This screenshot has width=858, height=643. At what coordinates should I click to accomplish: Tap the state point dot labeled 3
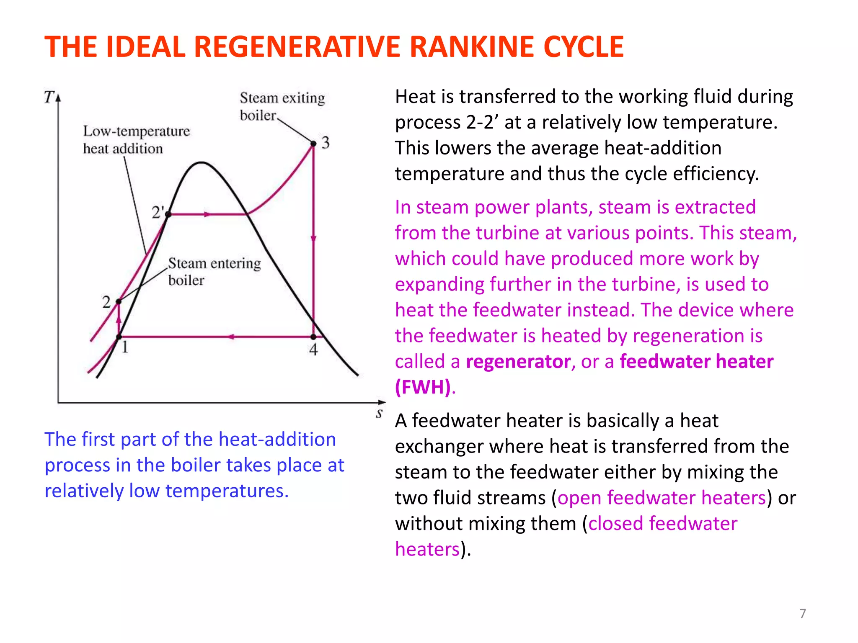[x=313, y=144]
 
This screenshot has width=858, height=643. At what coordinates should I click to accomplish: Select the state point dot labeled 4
[x=313, y=337]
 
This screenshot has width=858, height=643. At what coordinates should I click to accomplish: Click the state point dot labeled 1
[x=119, y=337]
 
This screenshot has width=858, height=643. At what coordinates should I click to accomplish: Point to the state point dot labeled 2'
[x=168, y=214]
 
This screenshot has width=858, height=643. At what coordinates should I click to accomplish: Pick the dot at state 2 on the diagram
[x=119, y=301]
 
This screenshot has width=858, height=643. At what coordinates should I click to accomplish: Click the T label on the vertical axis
[x=49, y=97]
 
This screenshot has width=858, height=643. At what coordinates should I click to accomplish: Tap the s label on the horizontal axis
[x=379, y=414]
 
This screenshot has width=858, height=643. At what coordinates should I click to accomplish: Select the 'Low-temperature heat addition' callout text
[x=136, y=140]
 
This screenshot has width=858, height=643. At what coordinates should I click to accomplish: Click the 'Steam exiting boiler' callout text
[x=282, y=106]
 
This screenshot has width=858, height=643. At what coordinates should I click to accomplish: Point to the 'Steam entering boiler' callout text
[x=214, y=271]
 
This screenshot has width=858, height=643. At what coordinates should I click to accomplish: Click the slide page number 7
[x=802, y=614]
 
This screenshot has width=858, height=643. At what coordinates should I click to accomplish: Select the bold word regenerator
[x=518, y=362]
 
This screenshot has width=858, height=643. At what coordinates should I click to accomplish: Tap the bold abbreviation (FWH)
[x=423, y=387]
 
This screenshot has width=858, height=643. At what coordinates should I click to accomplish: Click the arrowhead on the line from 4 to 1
[x=231, y=337]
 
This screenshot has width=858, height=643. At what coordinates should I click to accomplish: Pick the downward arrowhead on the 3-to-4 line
[x=313, y=239]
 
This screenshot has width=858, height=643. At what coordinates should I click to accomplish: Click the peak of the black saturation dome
[x=202, y=162]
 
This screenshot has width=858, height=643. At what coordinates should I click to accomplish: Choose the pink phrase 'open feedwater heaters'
[x=662, y=498]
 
